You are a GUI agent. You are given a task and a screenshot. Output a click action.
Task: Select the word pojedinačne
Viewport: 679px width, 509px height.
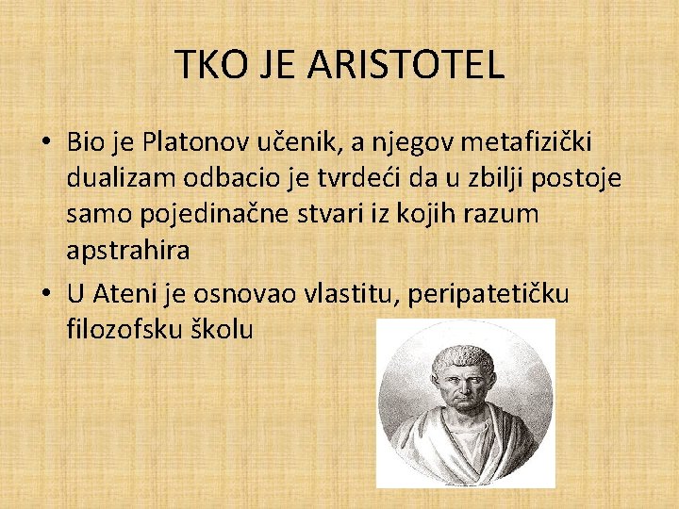201,214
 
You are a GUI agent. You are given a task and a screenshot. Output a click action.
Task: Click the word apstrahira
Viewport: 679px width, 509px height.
127,250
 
